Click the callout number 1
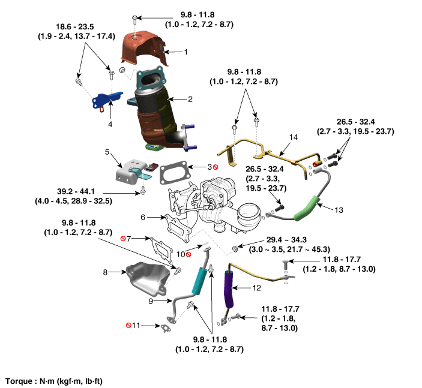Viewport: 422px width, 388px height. pos(186,52)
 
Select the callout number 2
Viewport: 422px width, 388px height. pos(190,98)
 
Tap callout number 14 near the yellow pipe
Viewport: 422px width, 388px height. pos(294,137)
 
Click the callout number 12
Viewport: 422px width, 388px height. pos(256,288)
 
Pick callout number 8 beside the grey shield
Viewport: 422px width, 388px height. pos(106,272)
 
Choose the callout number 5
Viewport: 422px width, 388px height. pos(107,152)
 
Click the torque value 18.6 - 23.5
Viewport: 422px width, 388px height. pos(68,27)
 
